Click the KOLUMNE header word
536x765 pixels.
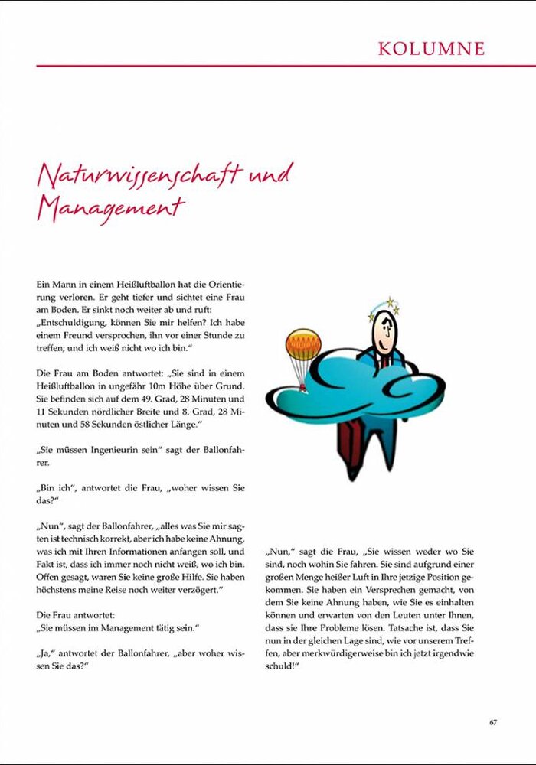[431, 49]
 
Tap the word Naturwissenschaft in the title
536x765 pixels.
[138, 176]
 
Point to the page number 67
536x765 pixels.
[493, 721]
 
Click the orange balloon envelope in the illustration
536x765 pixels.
[303, 343]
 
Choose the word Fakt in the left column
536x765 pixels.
[45, 564]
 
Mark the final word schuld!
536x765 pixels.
[282, 666]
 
